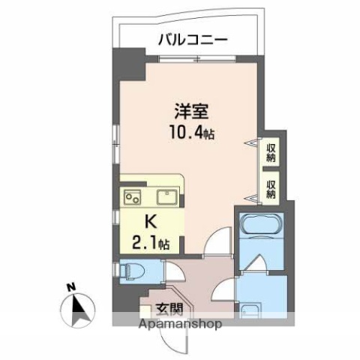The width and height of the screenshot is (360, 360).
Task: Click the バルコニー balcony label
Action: tap(193, 40)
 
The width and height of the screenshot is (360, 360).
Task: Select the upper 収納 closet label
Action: tap(271, 152)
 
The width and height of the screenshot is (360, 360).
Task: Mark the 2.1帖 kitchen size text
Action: tap(152, 243)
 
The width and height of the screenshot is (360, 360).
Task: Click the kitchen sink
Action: tap(166, 198)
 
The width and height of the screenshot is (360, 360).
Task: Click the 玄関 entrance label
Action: tap(169, 307)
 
